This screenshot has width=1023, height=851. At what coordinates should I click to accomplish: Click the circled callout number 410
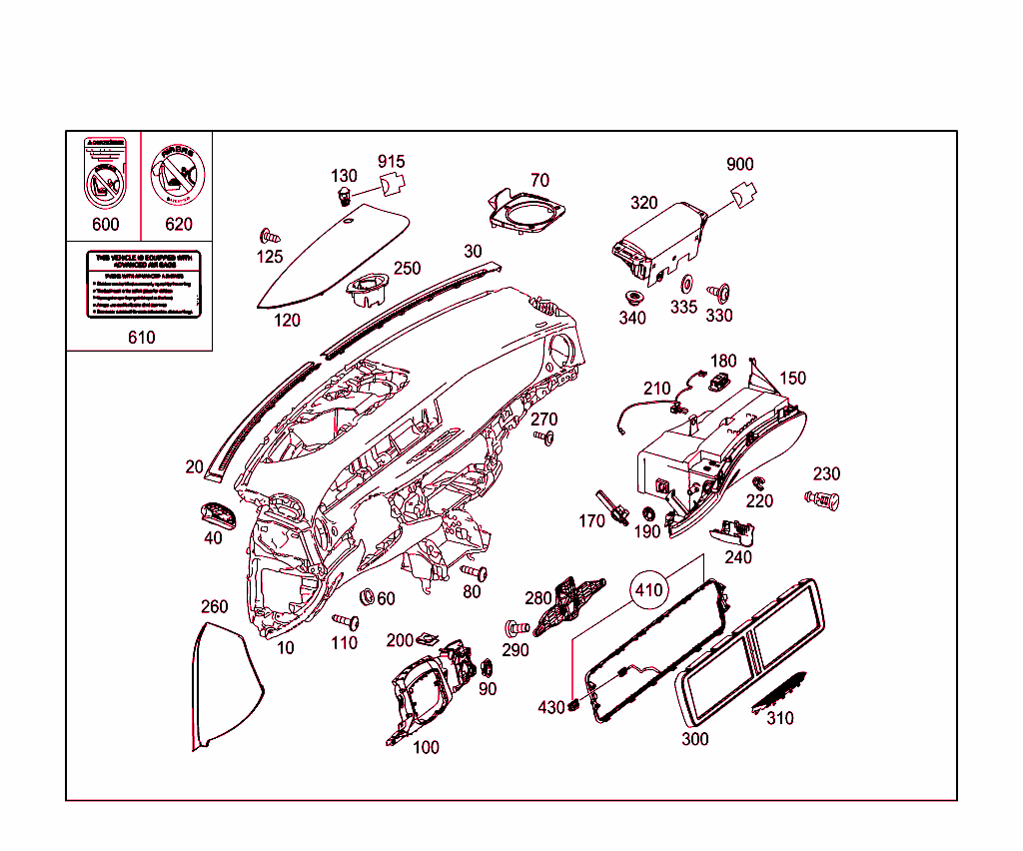pyautogui.click(x=648, y=590)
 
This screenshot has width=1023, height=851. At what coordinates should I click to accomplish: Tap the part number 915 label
pyautogui.click(x=391, y=162)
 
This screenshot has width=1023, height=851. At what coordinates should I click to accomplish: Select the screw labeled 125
pyautogui.click(x=268, y=237)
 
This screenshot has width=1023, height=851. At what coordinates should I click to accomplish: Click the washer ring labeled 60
pyautogui.click(x=366, y=597)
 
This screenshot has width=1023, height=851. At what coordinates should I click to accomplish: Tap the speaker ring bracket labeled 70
pyautogui.click(x=527, y=210)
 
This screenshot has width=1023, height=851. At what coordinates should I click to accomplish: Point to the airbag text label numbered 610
pyautogui.click(x=143, y=286)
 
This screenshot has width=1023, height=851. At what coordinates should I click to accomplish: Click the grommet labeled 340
pyautogui.click(x=631, y=297)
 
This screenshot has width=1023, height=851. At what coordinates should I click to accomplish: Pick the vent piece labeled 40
pyautogui.click(x=217, y=513)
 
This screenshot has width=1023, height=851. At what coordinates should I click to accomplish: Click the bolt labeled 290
pyautogui.click(x=515, y=629)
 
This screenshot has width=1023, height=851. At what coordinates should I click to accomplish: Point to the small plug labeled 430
pyautogui.click(x=574, y=706)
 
